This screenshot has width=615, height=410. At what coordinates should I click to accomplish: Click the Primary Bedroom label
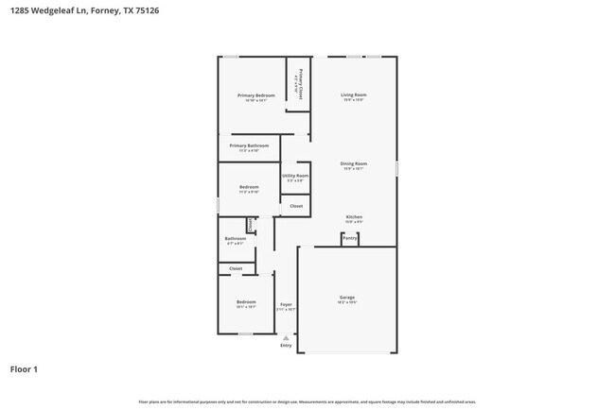(x=256, y=95)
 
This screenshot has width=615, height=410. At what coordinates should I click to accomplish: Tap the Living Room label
(x=354, y=94)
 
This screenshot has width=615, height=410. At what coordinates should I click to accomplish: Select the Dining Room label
(x=354, y=164)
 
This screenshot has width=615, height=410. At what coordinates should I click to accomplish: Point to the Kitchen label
(x=354, y=217)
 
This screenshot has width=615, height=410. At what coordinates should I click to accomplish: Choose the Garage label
(x=347, y=298)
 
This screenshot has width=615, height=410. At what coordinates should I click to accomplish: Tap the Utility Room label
(x=295, y=175)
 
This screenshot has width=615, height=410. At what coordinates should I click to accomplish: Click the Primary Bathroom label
(x=249, y=145)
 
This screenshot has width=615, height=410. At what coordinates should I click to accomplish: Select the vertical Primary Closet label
(x=300, y=85)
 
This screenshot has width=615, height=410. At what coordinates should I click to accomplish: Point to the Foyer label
(x=286, y=304)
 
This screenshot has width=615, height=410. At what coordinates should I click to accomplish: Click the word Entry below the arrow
(x=286, y=346)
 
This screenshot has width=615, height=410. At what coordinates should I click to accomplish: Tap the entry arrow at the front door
(x=286, y=337)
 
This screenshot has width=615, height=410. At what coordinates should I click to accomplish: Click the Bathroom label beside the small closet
(x=235, y=239)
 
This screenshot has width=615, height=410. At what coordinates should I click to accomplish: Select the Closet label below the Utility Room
(x=296, y=206)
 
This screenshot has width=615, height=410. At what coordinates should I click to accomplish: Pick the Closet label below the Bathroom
(x=236, y=268)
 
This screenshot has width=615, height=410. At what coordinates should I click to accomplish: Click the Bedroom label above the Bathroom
(x=249, y=187)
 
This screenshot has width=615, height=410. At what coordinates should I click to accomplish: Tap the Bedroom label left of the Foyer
(x=246, y=301)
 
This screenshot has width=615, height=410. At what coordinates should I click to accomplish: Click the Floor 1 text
(x=25, y=369)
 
